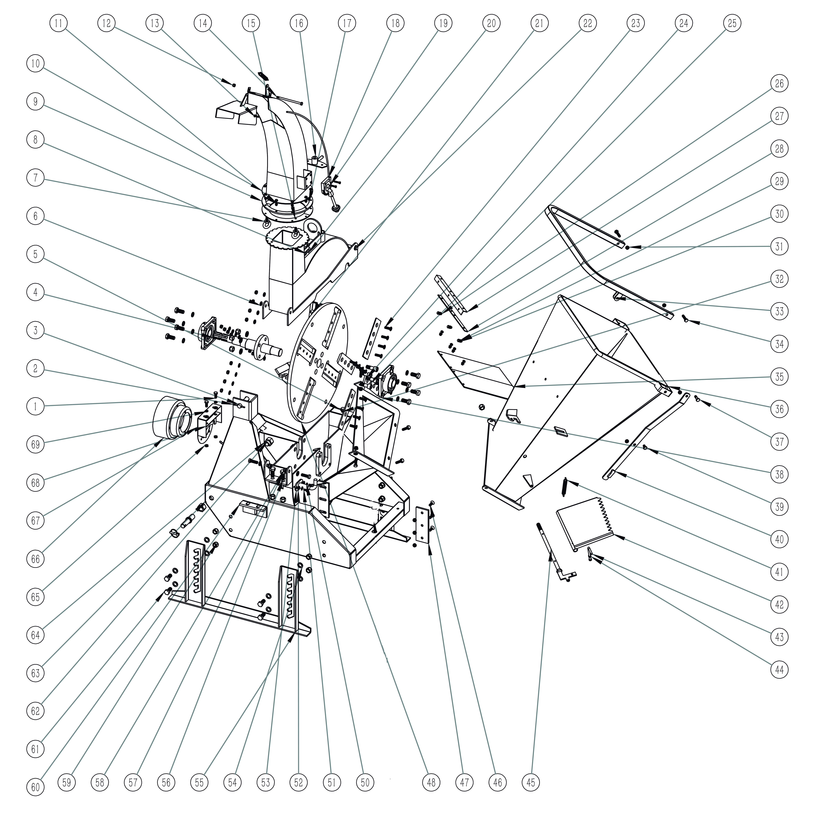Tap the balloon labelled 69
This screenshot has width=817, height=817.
(36, 444)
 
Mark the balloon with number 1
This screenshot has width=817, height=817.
(36, 407)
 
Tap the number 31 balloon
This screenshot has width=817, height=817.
(779, 247)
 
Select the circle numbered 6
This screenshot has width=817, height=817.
(36, 216)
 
